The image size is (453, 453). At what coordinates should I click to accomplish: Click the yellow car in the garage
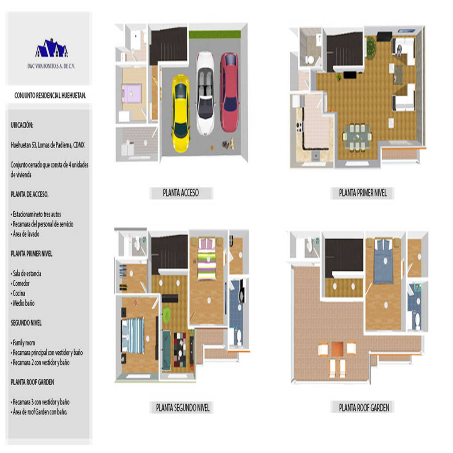pyautogui.click(x=181, y=113)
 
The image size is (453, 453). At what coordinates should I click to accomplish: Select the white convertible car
pyautogui.click(x=205, y=93)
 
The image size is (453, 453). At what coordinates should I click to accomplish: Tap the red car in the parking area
pyautogui.click(x=230, y=92)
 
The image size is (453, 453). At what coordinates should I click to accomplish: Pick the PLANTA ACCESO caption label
pyautogui.click(x=181, y=193)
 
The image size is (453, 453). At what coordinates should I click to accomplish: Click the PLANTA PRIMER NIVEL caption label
pyautogui.click(x=363, y=193)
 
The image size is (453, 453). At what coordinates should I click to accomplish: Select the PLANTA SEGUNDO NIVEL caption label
pyautogui.click(x=183, y=407)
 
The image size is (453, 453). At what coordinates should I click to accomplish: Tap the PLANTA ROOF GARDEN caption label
pyautogui.click(x=364, y=407)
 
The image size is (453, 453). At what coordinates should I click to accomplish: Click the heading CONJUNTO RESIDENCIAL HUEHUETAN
pyautogui.click(x=50, y=96)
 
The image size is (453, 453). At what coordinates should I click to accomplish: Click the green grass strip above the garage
pyautogui.click(x=215, y=35)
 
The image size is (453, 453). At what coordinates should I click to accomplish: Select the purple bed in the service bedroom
pyautogui.click(x=132, y=93)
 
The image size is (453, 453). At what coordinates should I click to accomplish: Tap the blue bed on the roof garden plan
pyautogui.click(x=383, y=261)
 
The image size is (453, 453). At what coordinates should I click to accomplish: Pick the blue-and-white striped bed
pyautogui.click(x=133, y=335)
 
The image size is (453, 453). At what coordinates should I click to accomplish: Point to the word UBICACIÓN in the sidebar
pyautogui.click(x=22, y=125)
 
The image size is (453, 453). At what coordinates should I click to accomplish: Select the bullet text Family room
pyautogui.click(x=23, y=343)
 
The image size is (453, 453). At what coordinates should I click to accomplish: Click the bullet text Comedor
pyautogui.click(x=20, y=284)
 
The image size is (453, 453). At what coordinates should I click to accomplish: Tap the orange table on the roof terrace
pyautogui.click(x=337, y=349)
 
